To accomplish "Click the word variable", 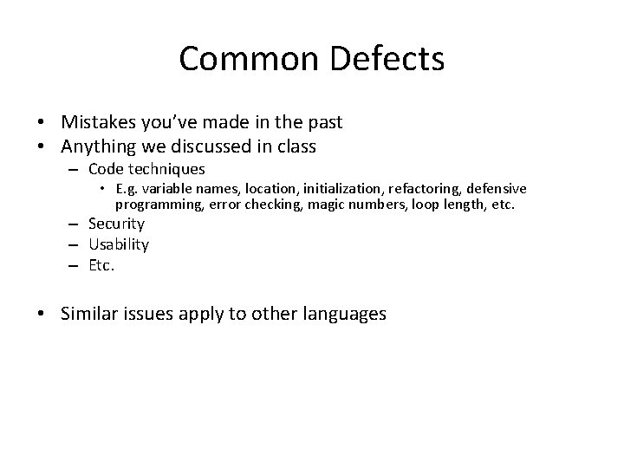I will [x=166, y=190].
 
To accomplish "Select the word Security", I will [x=117, y=224].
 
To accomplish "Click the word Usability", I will [x=119, y=244].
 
